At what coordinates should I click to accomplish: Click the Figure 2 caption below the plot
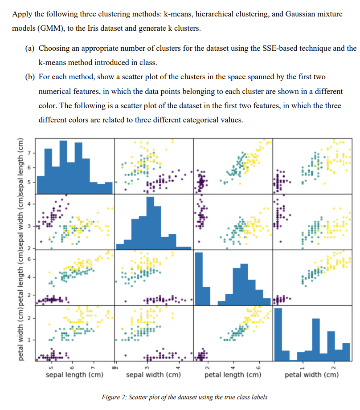(184, 397)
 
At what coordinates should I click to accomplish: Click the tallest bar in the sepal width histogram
(150, 223)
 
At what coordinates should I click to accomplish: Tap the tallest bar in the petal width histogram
(278, 334)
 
